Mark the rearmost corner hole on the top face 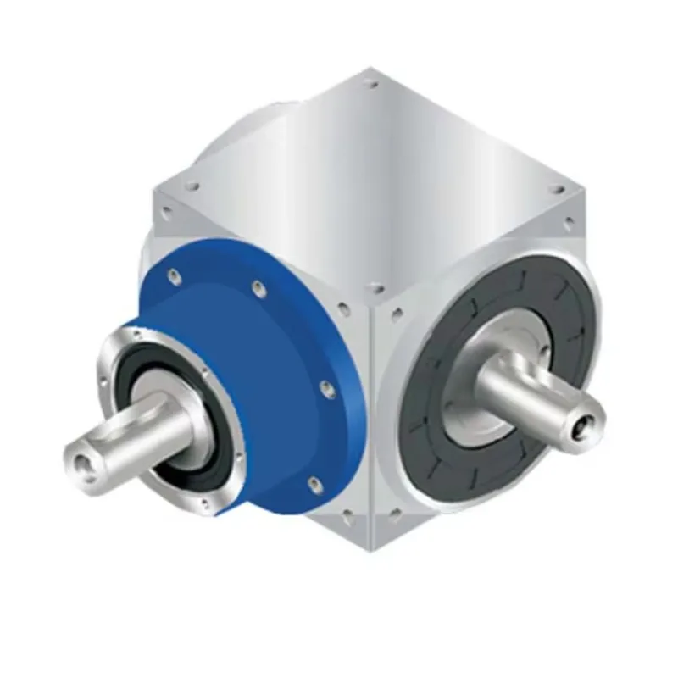tap(370, 83)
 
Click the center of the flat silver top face tap(373, 182)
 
